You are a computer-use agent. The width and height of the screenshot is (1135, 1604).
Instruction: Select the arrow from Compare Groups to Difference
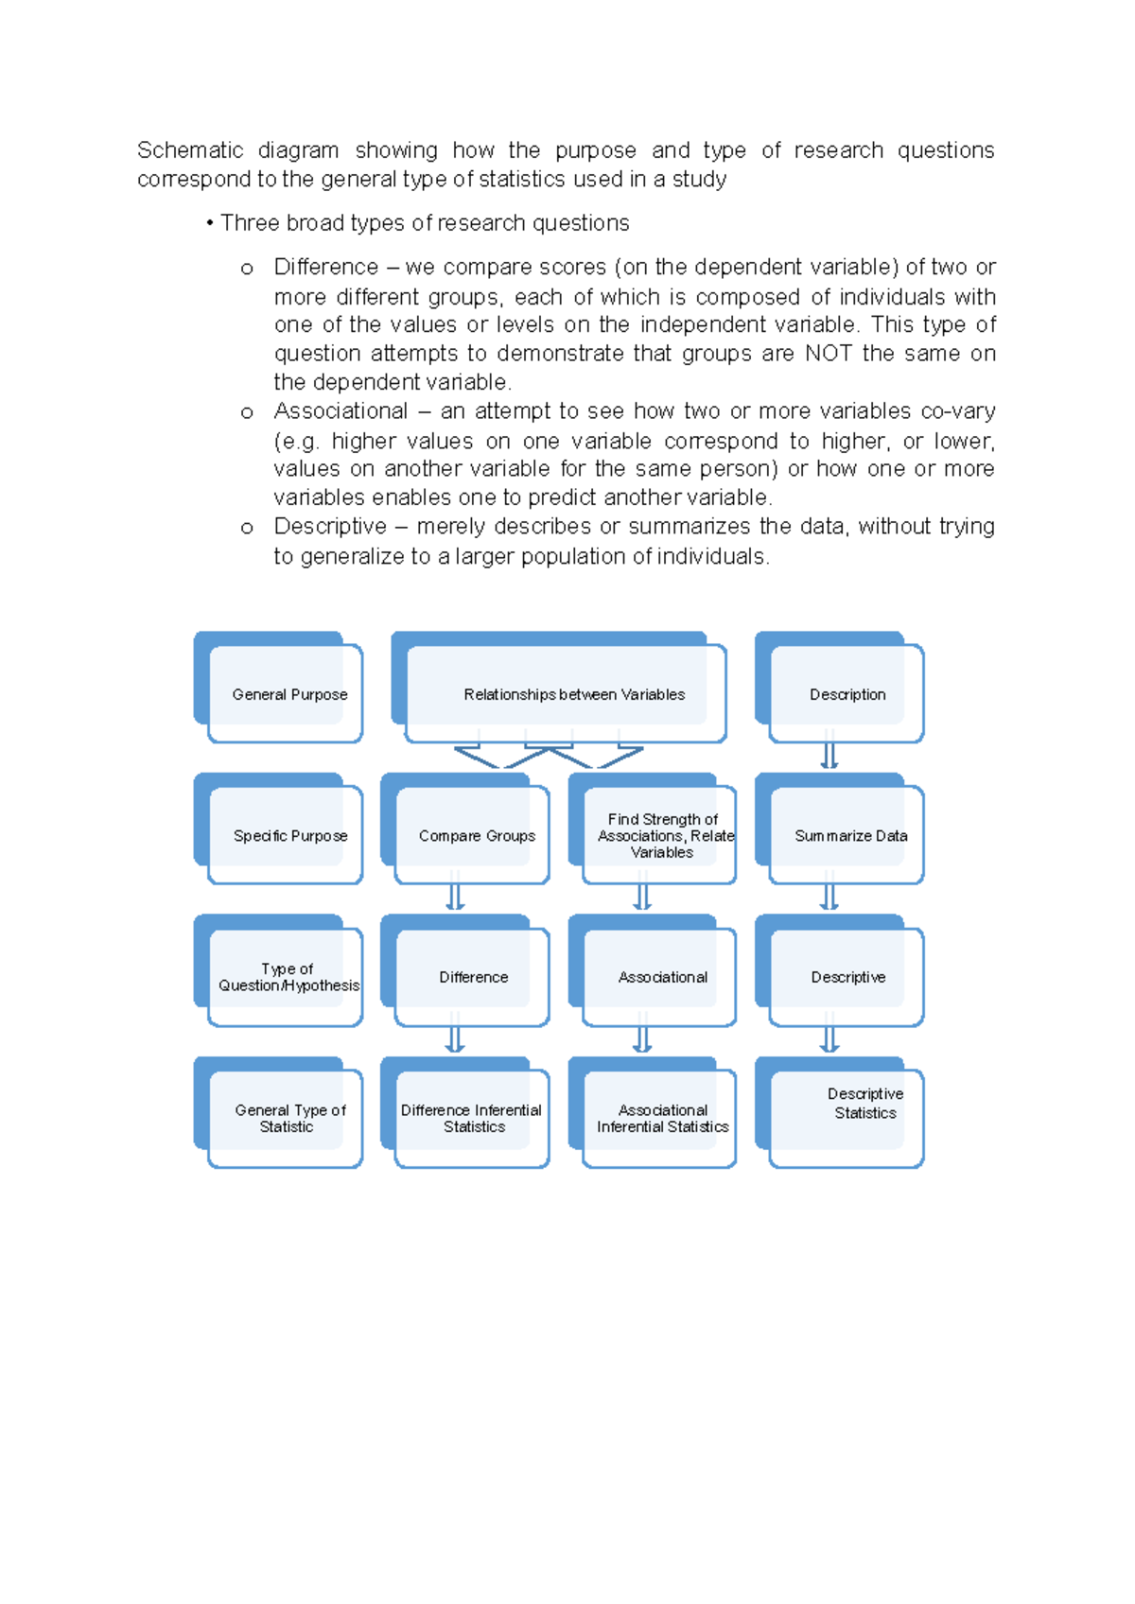pos(455,896)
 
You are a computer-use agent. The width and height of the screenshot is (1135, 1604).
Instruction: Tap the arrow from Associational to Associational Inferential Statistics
pos(642,1037)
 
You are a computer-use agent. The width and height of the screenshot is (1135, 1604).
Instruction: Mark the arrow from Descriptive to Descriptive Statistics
pos(829,1037)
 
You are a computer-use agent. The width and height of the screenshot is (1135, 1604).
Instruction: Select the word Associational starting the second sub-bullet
pos(340,411)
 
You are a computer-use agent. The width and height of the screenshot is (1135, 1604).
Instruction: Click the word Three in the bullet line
pos(249,223)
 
